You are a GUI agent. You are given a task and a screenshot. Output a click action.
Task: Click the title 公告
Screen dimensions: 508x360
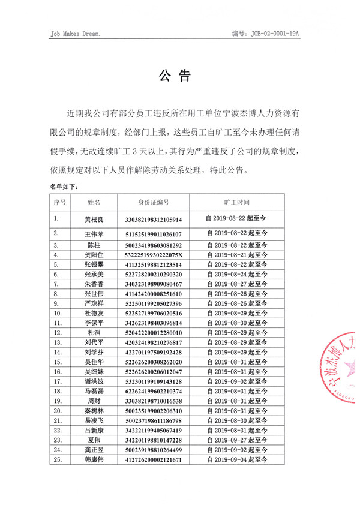[x=175, y=76]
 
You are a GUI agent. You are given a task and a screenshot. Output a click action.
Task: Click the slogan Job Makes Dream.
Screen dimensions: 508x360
[x=76, y=34]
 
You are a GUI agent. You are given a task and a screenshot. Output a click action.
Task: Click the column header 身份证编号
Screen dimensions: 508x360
[x=154, y=203]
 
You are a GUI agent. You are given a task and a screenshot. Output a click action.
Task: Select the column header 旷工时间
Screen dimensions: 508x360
[x=236, y=203]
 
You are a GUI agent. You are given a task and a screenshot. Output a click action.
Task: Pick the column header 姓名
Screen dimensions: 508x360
[x=94, y=203]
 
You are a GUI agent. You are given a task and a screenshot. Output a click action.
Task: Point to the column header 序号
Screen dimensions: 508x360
[x=59, y=203]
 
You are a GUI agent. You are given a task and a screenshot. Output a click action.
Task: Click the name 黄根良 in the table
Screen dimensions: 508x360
[x=94, y=220]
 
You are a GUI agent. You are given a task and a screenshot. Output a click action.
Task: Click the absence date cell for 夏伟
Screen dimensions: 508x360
[x=236, y=440]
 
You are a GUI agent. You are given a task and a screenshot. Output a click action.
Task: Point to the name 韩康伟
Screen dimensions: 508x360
[x=94, y=460]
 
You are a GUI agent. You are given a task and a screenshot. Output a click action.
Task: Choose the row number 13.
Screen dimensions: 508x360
[x=58, y=342]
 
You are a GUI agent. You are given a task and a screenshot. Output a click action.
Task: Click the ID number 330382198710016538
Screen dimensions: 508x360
[x=154, y=401]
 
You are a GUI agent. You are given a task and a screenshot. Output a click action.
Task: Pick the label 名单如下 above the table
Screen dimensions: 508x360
[x=64, y=187]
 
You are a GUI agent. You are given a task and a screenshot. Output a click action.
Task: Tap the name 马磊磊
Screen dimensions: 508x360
[x=94, y=390]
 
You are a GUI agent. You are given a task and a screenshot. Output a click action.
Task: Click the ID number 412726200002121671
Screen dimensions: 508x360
[x=154, y=460]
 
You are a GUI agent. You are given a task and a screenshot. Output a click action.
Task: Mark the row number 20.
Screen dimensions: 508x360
[x=58, y=411]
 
